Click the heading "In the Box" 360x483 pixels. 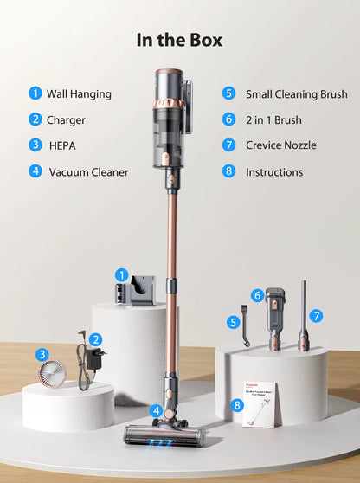pyautogui.click(x=179, y=40)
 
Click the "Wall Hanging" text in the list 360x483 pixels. pyautogui.click(x=79, y=93)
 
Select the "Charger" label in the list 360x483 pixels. pyautogui.click(x=66, y=119)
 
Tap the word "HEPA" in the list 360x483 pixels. pyautogui.click(x=63, y=145)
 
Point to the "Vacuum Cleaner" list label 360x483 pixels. pyautogui.click(x=88, y=171)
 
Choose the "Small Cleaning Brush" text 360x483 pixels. pyautogui.click(x=296, y=93)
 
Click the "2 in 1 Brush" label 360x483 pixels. pyautogui.click(x=274, y=119)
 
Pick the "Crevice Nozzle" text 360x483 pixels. pyautogui.click(x=280, y=145)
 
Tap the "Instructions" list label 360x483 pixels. pyautogui.click(x=274, y=171)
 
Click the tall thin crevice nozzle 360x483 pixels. pyautogui.click(x=304, y=317)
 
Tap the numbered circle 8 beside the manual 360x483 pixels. pyautogui.click(x=238, y=404)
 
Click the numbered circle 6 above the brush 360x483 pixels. pyautogui.click(x=257, y=295)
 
